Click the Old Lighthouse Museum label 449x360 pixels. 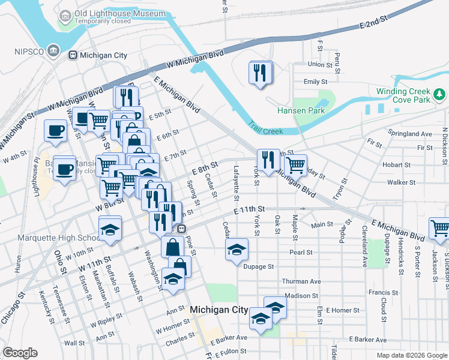click(119, 13)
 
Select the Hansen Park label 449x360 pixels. click(301, 110)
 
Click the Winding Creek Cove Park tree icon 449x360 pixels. click(440, 94)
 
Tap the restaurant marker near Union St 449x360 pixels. click(260, 73)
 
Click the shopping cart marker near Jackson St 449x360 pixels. click(439, 229)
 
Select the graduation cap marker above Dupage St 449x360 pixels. click(237, 249)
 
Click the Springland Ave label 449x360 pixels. click(411, 134)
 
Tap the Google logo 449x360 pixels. click(20, 353)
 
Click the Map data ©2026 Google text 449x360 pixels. click(411, 355)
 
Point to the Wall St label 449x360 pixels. click(74, 343)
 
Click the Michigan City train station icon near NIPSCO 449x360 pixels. click(73, 55)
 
